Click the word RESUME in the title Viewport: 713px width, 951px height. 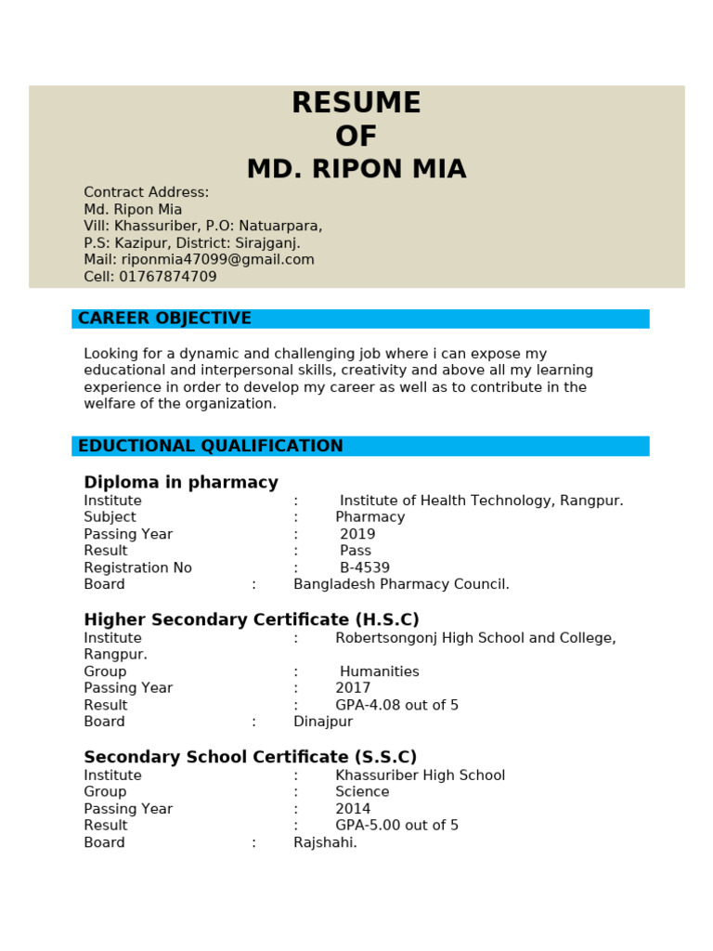356,103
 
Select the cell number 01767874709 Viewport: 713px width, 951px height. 167,277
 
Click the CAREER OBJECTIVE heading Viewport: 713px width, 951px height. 164,319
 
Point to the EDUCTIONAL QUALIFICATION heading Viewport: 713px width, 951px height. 211,446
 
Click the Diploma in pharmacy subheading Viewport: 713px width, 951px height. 181,482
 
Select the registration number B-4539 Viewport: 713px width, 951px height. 365,567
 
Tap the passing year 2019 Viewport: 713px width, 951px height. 357,534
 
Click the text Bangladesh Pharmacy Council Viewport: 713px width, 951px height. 401,584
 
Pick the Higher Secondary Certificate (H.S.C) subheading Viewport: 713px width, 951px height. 252,619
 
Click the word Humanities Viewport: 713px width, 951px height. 380,671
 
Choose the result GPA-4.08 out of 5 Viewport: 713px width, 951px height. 397,705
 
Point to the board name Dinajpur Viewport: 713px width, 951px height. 323,722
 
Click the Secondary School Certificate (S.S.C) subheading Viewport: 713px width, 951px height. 251,757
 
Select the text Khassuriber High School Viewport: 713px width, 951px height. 421,775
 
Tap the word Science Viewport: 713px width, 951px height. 363,792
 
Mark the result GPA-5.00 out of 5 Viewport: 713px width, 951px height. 397,826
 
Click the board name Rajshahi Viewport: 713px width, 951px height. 325,842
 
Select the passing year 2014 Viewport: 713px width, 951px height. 353,809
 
